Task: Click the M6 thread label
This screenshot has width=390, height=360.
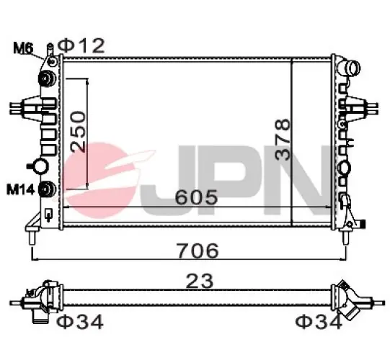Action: tap(23, 48)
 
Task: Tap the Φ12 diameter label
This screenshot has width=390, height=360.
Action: tap(81, 45)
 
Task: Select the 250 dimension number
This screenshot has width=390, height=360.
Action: tap(78, 132)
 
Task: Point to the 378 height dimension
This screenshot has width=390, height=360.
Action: tap(283, 140)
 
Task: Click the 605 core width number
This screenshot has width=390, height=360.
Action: tap(196, 197)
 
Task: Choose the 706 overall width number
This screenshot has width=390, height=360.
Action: tap(198, 251)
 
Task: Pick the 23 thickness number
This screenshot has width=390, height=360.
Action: tap(200, 281)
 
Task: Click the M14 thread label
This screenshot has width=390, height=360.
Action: tap(21, 190)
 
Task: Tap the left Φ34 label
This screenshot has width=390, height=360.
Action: tap(80, 322)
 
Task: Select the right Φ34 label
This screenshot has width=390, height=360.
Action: tap(319, 322)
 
